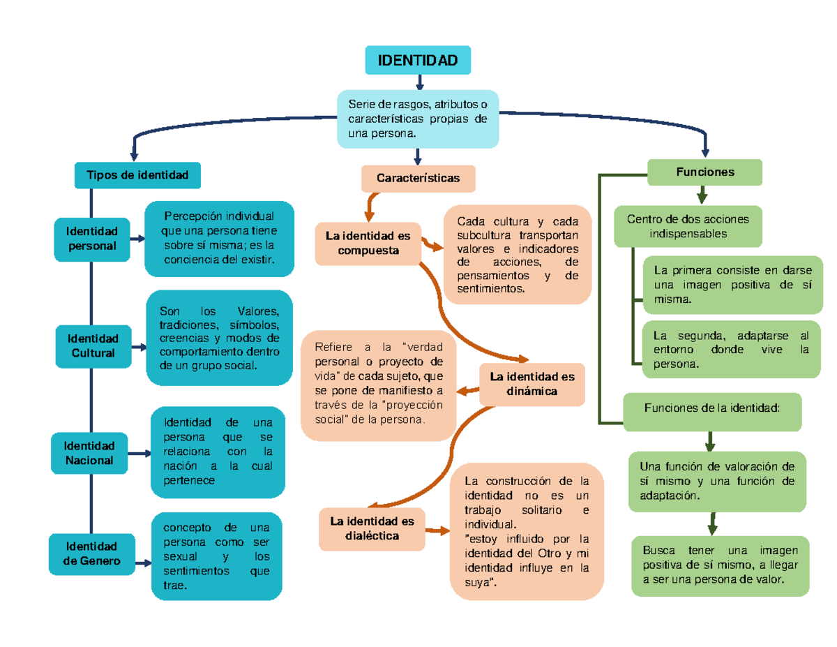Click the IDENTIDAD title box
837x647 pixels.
418,60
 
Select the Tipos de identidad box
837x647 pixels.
137,175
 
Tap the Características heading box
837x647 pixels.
418,178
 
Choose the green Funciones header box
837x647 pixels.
704,172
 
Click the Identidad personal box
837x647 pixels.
92,239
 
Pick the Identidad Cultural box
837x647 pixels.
93,346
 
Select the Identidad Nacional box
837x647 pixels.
89,453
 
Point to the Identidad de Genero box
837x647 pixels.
91,553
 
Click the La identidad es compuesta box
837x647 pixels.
368,244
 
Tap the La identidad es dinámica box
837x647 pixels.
532,384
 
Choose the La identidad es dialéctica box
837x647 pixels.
372,529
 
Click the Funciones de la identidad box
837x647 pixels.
712,412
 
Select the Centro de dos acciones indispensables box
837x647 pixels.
688,226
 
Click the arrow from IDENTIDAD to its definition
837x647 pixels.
420,82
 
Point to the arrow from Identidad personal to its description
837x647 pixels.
137,239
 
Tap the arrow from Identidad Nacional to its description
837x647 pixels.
139,454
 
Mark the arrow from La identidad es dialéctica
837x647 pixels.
437,531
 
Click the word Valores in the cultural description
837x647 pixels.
257,311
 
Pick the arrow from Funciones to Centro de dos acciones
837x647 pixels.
702,195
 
